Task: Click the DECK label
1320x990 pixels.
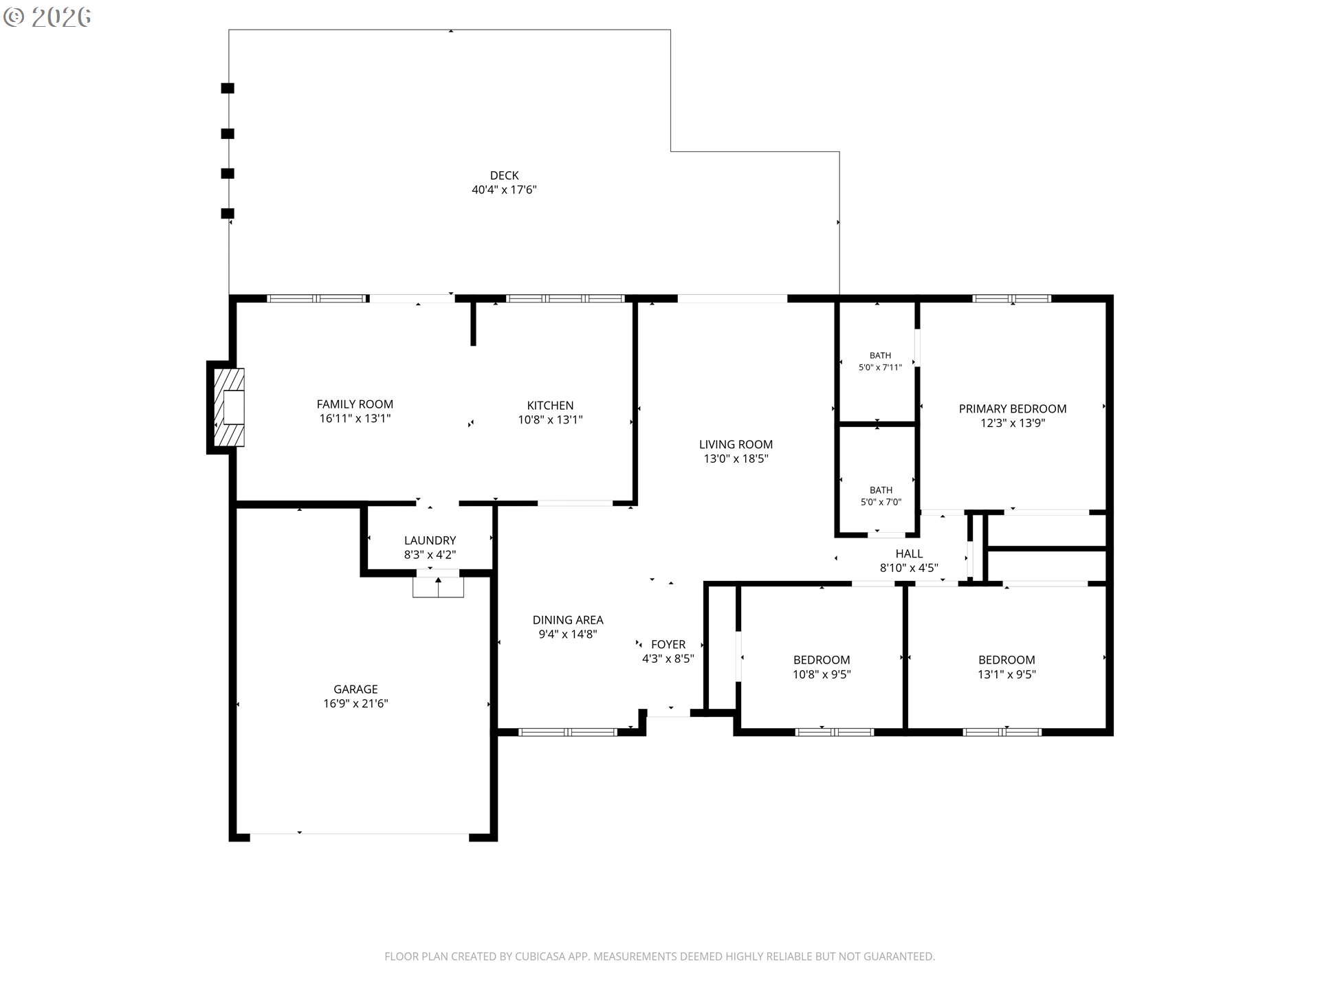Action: [x=504, y=176]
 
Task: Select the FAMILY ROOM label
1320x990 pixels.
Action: [x=355, y=404]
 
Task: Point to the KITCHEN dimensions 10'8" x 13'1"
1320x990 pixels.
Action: [x=550, y=419]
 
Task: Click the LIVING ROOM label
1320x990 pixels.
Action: [x=736, y=445]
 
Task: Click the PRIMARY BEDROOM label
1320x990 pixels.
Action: [x=1013, y=409]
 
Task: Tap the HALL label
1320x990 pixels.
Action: [x=909, y=553]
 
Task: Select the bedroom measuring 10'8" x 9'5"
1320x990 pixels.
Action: [x=822, y=660]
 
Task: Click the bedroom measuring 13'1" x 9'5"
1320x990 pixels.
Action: [x=1006, y=660]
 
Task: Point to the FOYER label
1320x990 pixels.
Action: [x=668, y=644]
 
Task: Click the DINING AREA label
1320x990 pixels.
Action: [x=568, y=620]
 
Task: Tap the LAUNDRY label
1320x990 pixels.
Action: [x=430, y=540]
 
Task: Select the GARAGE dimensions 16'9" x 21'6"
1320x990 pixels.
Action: [x=355, y=703]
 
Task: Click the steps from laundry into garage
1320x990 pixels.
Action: [x=438, y=587]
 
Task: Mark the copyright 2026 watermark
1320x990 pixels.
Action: [x=47, y=17]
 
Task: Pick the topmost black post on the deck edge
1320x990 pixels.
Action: [x=228, y=88]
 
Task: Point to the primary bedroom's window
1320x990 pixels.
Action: [x=1012, y=298]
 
